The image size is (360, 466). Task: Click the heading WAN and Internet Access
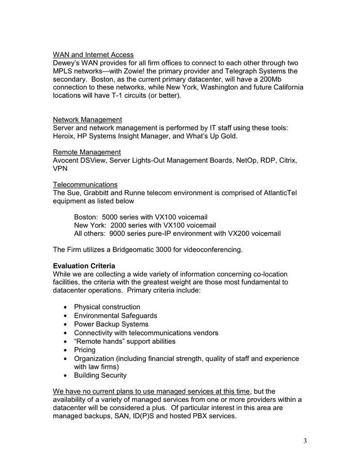[x=93, y=54]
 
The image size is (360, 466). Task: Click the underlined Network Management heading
[x=87, y=120]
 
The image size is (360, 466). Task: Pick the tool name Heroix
[x=65, y=136]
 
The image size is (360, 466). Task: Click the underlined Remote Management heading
[x=87, y=152]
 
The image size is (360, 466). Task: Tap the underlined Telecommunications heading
[x=85, y=185]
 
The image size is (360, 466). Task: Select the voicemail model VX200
[x=233, y=234]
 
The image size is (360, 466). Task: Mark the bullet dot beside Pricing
[x=65, y=351]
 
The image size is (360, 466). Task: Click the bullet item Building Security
[x=100, y=375]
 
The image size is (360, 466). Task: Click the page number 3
[x=305, y=441]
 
